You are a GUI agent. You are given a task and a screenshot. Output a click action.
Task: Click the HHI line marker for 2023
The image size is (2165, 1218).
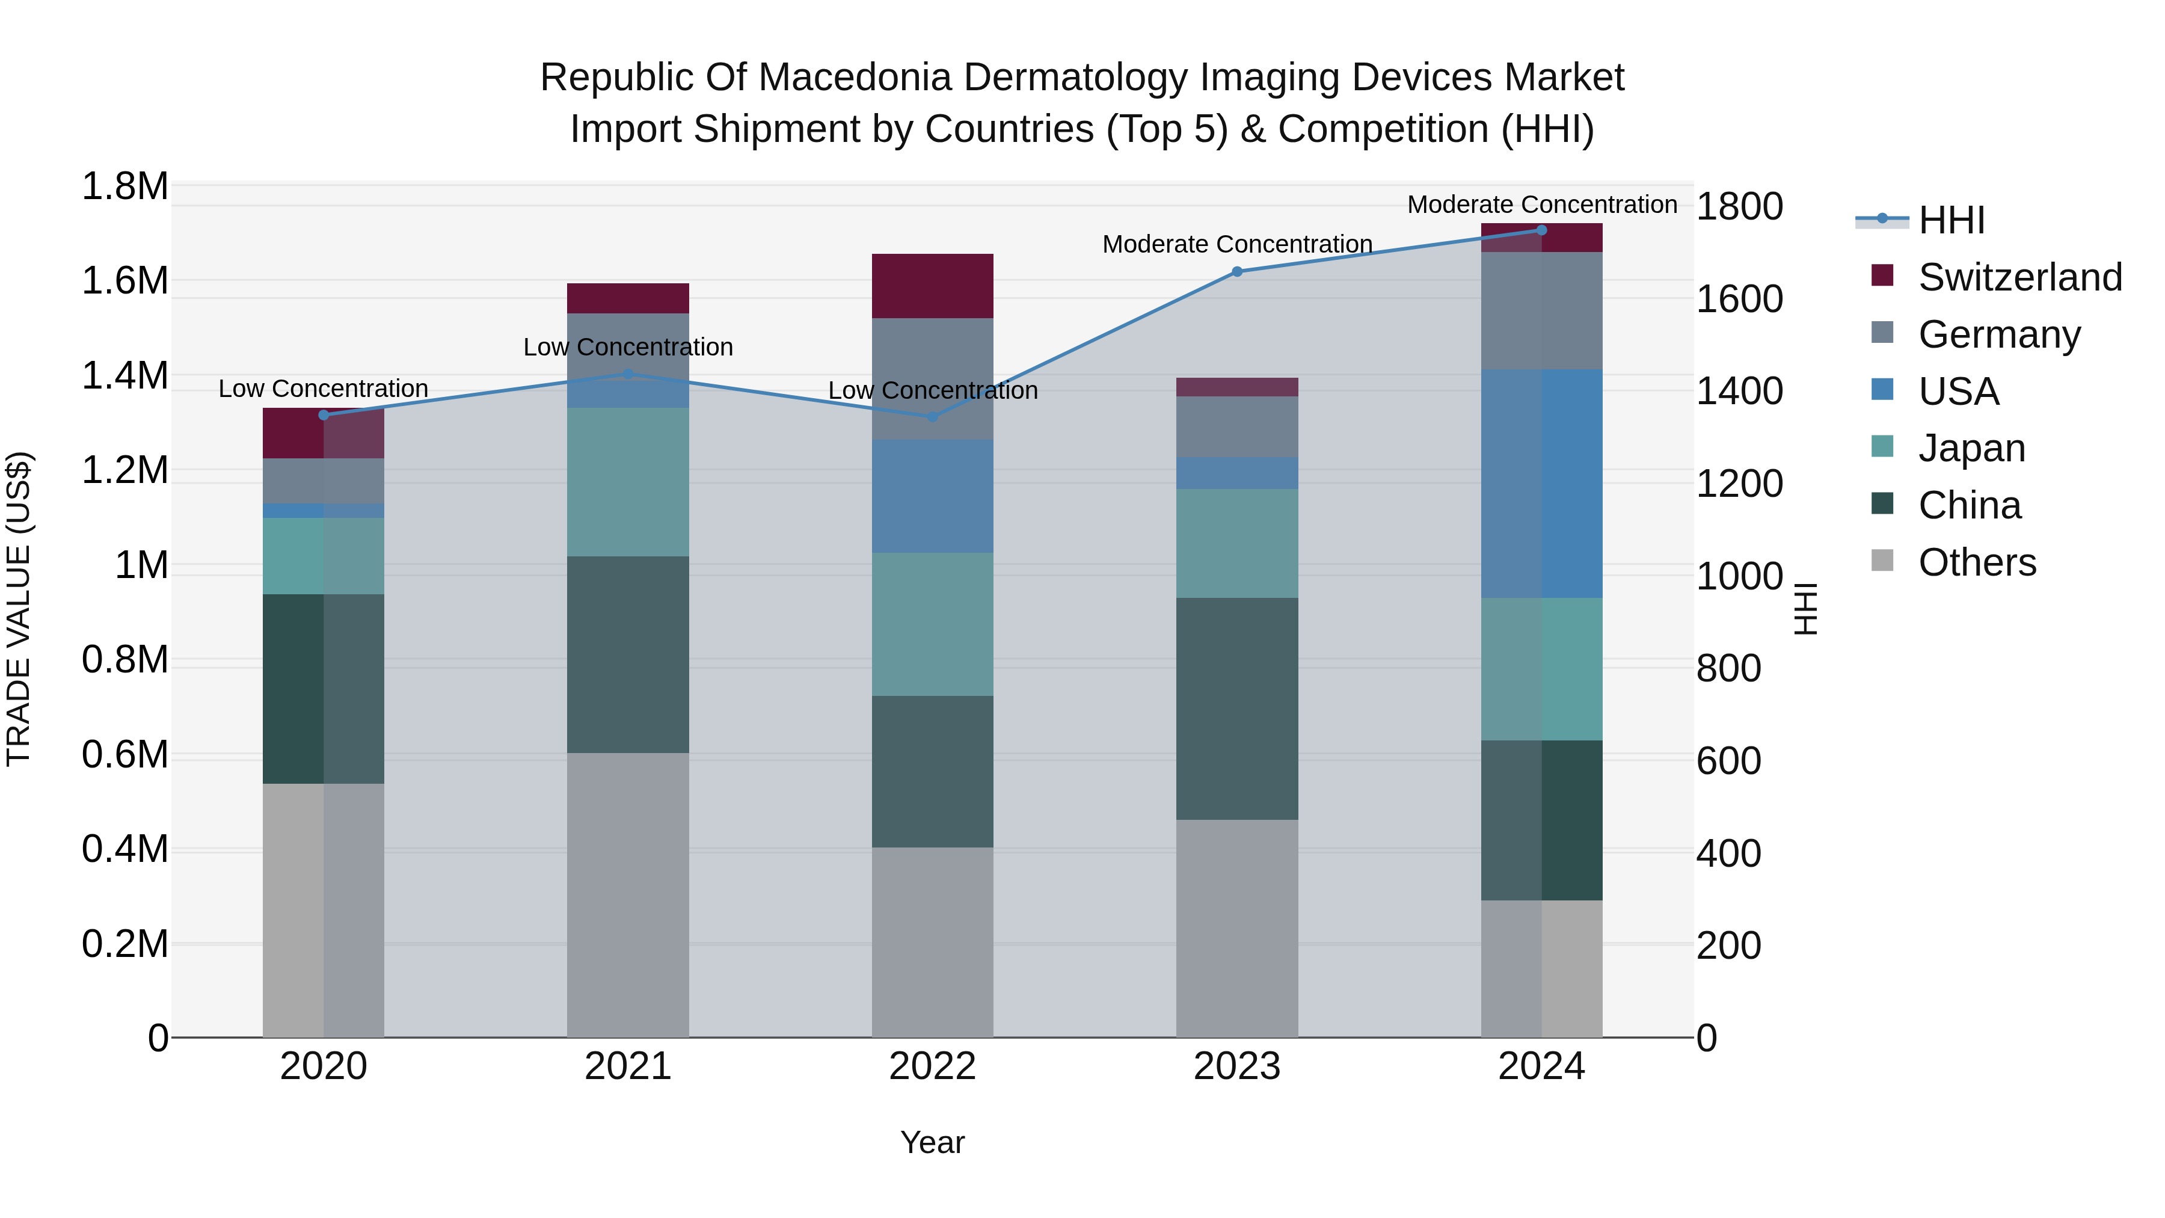coord(1236,271)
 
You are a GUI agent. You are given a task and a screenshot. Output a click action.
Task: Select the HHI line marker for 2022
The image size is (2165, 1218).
coord(932,417)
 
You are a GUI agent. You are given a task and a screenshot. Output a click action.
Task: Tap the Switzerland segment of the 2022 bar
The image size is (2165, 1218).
coord(932,286)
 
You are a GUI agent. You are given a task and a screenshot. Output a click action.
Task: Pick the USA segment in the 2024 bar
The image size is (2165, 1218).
coord(1541,484)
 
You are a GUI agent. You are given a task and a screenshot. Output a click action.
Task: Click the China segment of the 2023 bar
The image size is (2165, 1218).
coord(1236,709)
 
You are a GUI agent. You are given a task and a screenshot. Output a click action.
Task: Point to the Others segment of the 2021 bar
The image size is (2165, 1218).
coord(628,894)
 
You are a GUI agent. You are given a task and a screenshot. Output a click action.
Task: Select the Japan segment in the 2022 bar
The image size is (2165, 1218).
coord(932,624)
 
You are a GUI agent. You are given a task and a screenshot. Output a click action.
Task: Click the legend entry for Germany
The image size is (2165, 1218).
coord(1998,334)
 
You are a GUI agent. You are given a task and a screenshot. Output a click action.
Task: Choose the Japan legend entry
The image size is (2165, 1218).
coord(1971,448)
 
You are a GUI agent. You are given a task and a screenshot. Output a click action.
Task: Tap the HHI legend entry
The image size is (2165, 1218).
coord(1950,220)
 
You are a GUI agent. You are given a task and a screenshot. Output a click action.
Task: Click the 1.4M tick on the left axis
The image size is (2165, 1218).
coord(124,376)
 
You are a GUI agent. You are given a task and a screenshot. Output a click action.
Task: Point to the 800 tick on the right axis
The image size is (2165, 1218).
coord(1728,669)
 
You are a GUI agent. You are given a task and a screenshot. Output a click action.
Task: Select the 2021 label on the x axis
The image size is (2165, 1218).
coord(628,1066)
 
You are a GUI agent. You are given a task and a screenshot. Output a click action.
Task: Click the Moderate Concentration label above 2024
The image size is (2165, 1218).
coord(1541,205)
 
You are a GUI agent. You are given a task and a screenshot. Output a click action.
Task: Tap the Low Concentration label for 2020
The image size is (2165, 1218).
coord(324,389)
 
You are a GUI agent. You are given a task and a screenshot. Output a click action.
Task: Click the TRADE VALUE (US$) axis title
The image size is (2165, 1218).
coord(19,609)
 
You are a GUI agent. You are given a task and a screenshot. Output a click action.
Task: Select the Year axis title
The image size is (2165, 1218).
coord(932,1142)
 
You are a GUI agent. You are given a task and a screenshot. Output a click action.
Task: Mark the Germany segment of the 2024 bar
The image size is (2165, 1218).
coord(1541,310)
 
